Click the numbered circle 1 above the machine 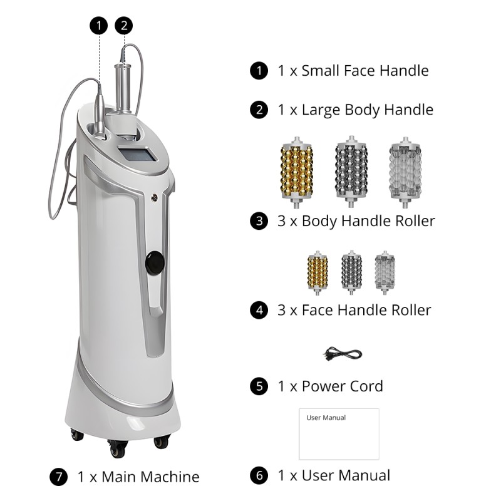pos(99,26)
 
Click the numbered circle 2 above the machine pos(124,26)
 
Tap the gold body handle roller pos(296,172)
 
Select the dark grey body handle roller pos(351,172)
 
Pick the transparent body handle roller pos(405,172)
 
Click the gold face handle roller pos(318,272)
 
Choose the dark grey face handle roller pos(351,272)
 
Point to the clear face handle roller pos(385,272)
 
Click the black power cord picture pos(342,354)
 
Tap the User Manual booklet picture pos(339,434)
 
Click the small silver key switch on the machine pos(155,198)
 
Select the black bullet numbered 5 pos(259,386)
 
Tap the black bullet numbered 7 pos(58,477)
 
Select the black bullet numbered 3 pos(259,221)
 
